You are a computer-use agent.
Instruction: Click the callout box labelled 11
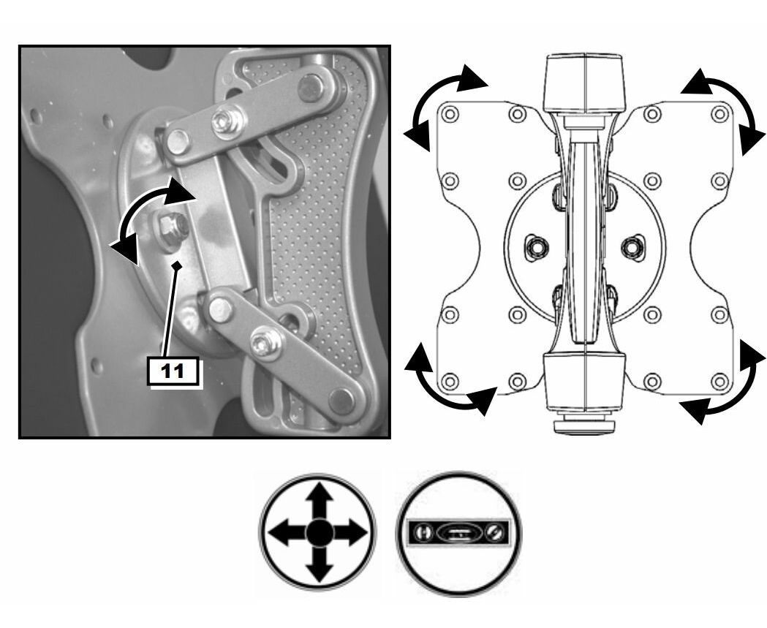(x=173, y=371)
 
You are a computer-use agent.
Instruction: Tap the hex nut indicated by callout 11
(x=170, y=226)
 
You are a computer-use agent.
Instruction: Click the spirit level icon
(x=458, y=533)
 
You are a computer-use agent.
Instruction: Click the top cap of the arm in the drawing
(x=586, y=83)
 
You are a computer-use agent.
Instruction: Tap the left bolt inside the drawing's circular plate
(x=537, y=247)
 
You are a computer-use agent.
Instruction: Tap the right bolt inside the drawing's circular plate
(x=633, y=247)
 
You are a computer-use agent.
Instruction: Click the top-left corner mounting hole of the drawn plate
(x=450, y=114)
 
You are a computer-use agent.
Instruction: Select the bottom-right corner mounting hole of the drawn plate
(x=719, y=381)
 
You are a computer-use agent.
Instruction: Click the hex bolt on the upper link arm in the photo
(x=227, y=121)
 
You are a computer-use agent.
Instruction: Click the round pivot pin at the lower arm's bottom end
(x=341, y=400)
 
